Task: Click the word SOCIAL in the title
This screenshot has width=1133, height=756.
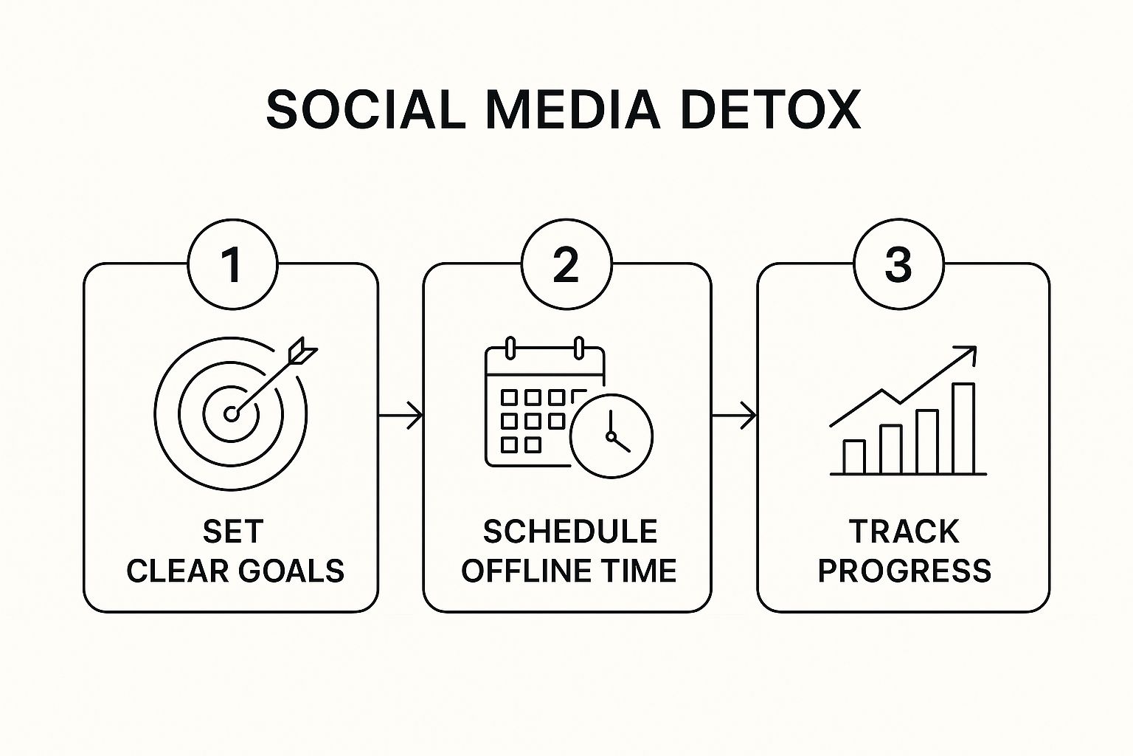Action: (x=366, y=111)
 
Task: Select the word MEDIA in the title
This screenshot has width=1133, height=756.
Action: (x=572, y=111)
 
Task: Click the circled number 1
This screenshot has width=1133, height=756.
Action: (x=232, y=265)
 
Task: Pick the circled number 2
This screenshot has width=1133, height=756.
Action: (x=566, y=265)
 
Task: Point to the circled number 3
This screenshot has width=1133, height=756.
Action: (x=898, y=265)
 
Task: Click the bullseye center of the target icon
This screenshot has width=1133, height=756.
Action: (x=232, y=414)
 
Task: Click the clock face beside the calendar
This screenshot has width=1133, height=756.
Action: (x=611, y=436)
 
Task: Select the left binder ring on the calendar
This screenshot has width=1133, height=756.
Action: (x=510, y=346)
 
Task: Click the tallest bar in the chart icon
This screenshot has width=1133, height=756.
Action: (x=963, y=428)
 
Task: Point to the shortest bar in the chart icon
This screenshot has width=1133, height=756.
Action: (x=854, y=456)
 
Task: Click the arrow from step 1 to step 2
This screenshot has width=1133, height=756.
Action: (x=401, y=416)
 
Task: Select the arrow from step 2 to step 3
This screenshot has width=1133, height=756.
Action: (x=735, y=416)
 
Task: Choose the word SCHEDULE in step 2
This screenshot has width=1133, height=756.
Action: (x=570, y=532)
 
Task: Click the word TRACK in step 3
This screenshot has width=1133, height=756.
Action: (x=904, y=532)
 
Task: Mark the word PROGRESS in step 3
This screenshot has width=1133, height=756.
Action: (x=904, y=571)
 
